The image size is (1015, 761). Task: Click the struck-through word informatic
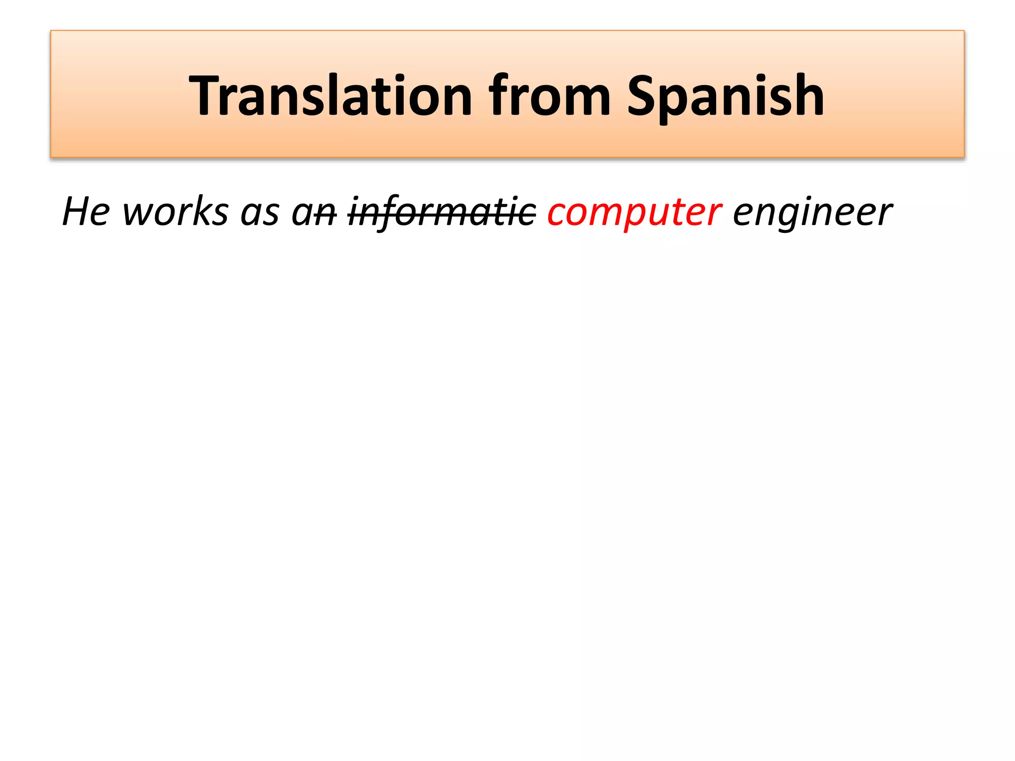(x=442, y=212)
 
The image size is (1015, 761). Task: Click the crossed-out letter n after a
(x=327, y=214)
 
